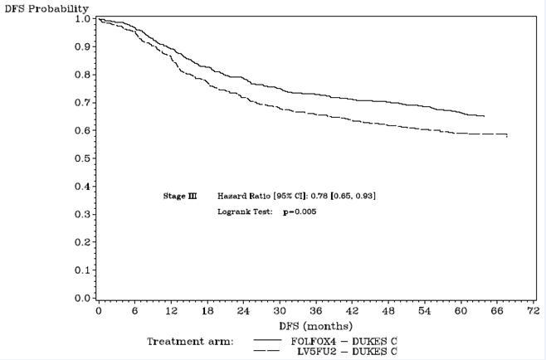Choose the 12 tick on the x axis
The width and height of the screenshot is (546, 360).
pos(171,311)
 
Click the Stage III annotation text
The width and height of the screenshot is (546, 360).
pos(180,196)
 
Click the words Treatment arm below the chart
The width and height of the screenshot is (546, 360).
pos(191,341)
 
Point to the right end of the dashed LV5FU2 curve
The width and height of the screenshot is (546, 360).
pos(506,135)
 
